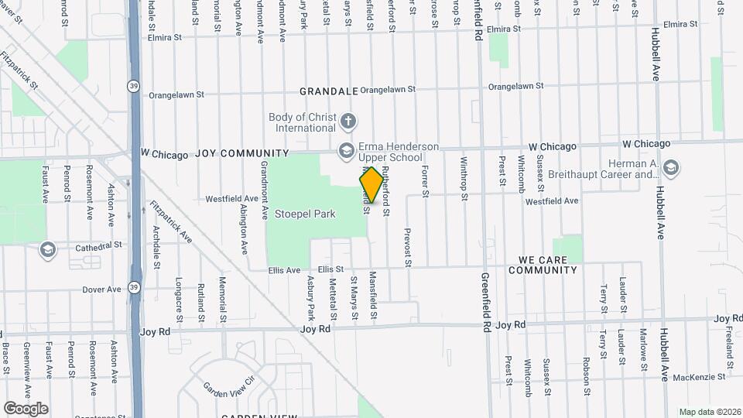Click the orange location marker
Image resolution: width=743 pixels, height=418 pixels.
click(371, 185)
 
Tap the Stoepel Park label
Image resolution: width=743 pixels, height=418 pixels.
click(305, 214)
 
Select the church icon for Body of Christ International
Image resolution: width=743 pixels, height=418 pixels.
click(348, 121)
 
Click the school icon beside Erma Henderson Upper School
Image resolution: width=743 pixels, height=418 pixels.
click(345, 149)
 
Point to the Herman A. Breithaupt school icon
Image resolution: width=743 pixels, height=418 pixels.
click(670, 167)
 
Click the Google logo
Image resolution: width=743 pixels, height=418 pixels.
click(26, 408)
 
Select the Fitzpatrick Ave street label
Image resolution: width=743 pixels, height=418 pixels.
click(171, 222)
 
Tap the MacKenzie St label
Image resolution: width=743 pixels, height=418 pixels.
click(699, 377)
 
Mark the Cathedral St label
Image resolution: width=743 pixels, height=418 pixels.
click(99, 245)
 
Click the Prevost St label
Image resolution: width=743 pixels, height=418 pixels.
click(407, 248)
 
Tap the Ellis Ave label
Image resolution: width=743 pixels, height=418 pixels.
click(284, 270)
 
